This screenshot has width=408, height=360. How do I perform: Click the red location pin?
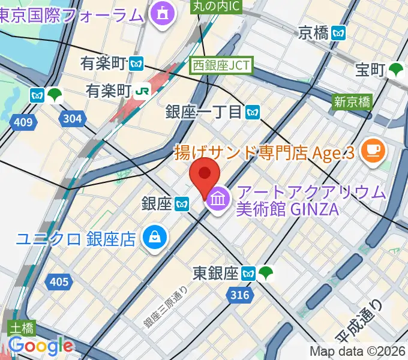tap(204, 178)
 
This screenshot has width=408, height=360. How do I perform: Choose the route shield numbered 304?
tap(72, 119)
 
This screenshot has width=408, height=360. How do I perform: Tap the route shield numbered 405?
tap(59, 280)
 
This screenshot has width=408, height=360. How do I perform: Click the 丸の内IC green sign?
tap(215, 7)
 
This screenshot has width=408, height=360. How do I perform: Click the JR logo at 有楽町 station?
tap(142, 91)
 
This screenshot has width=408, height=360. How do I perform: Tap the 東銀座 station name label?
tap(215, 274)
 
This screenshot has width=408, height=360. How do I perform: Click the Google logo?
tap(41, 346)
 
